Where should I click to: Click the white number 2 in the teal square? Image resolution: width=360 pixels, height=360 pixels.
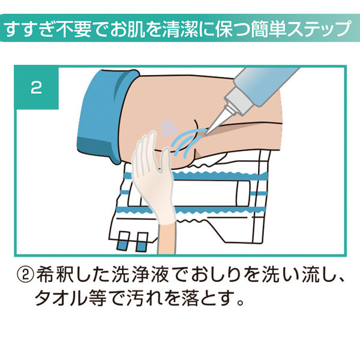[36, 88]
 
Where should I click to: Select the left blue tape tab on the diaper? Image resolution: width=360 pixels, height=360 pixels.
[124, 244]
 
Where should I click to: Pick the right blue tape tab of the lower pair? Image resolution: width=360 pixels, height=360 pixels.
[142, 244]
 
